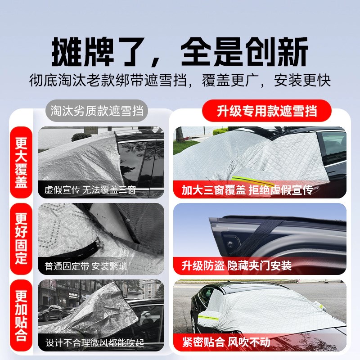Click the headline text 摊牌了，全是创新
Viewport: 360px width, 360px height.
[180, 52]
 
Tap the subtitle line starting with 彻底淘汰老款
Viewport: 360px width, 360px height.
[180, 81]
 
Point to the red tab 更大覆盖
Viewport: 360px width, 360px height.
[21, 163]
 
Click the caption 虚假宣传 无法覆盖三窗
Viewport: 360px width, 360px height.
[90, 190]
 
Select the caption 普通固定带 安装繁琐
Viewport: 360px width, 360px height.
[85, 266]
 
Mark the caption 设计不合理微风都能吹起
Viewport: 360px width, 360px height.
[94, 343]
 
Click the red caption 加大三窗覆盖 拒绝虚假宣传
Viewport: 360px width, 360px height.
[247, 190]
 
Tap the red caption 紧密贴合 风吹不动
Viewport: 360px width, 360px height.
[226, 342]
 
